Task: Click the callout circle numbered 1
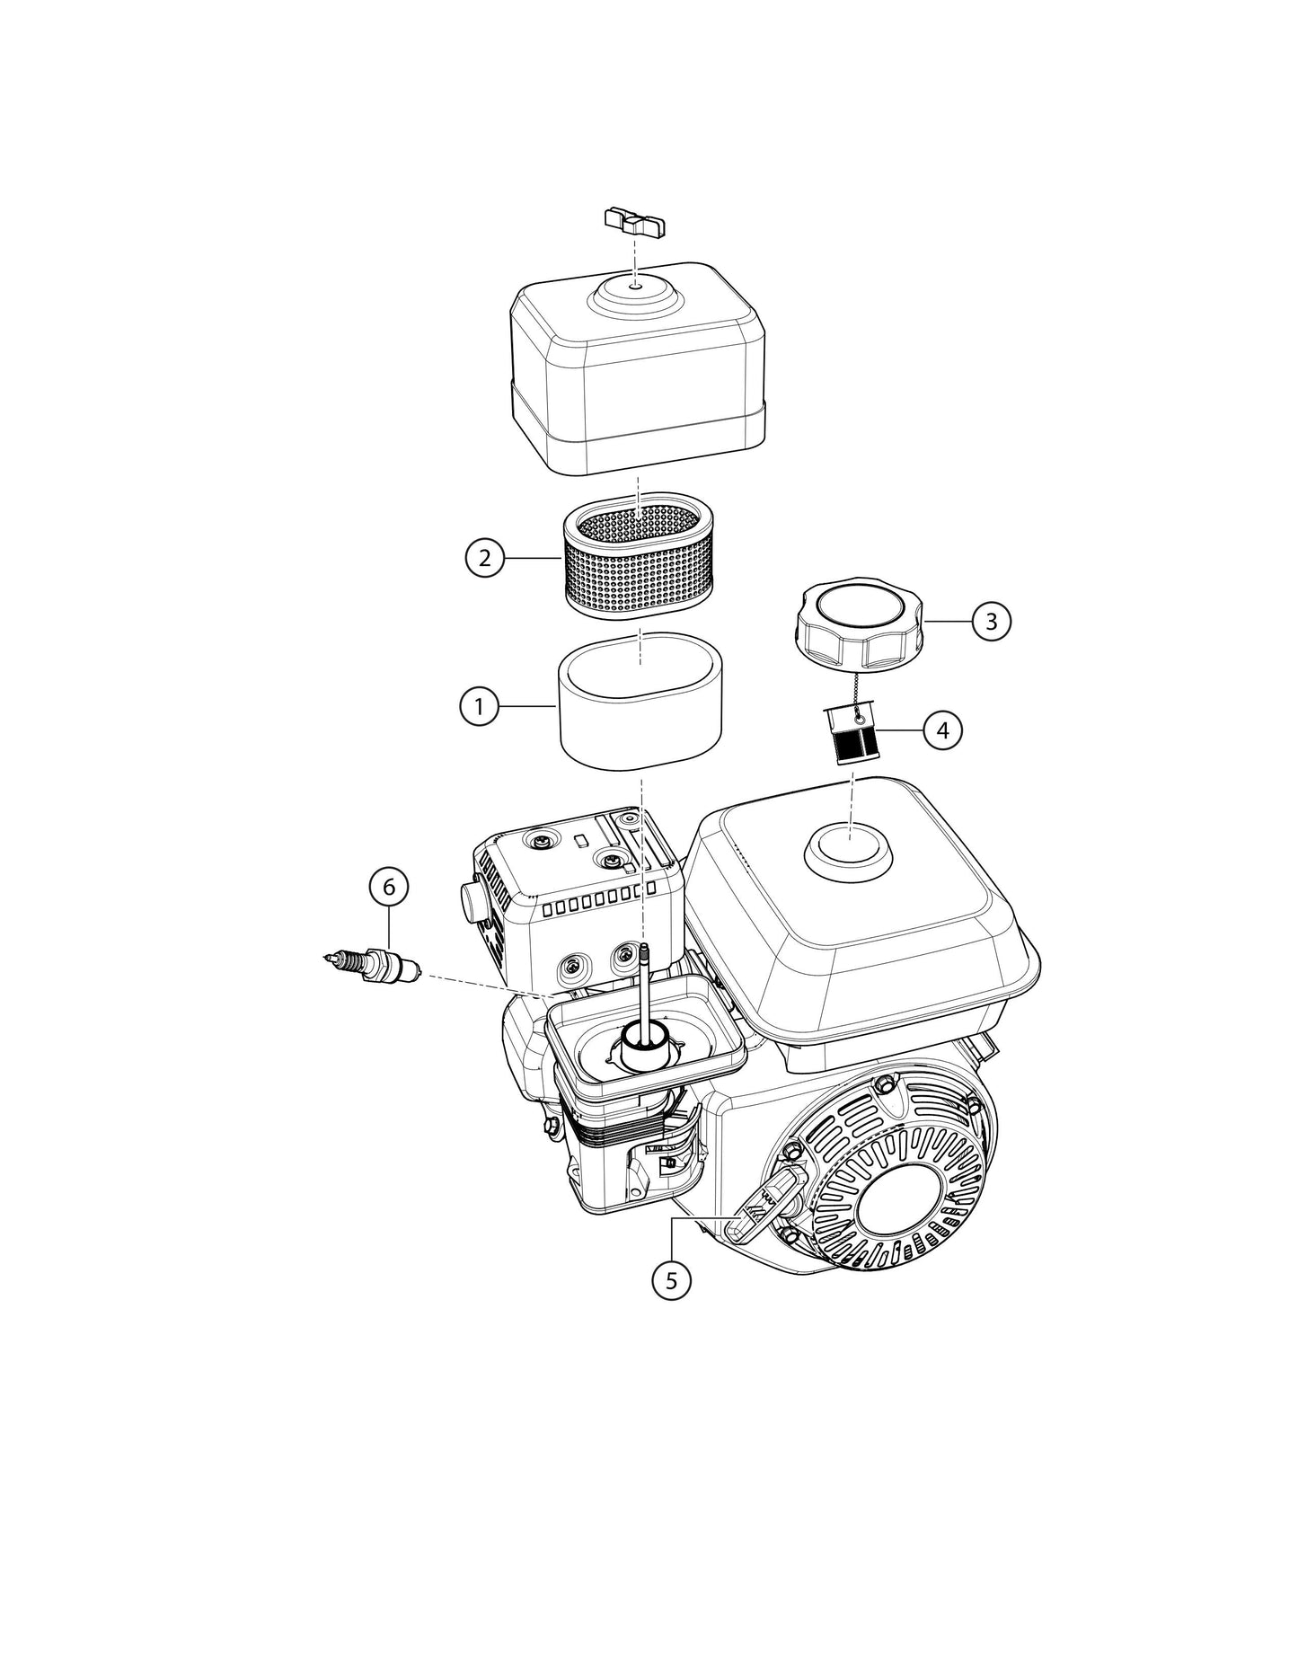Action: (479, 707)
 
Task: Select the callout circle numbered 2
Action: (484, 558)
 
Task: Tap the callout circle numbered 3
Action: (991, 622)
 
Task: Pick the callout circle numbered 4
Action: (942, 730)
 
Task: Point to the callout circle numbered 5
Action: (672, 1279)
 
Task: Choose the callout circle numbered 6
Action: (389, 887)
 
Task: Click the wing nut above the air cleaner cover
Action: (635, 222)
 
